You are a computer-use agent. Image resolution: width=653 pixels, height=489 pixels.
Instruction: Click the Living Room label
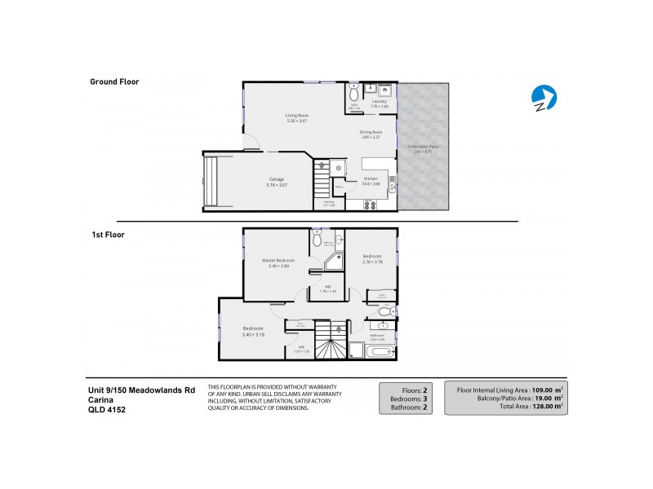coord(296,115)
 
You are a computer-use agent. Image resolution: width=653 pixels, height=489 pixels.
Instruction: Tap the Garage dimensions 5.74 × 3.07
coord(277,186)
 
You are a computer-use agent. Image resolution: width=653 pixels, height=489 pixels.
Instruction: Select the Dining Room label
coord(371,131)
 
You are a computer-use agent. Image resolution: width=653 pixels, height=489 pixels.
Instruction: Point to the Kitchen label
coord(371,178)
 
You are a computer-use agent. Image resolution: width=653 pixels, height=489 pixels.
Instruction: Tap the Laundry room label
coord(380,101)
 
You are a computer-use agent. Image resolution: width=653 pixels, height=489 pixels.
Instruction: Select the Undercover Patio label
coord(422,147)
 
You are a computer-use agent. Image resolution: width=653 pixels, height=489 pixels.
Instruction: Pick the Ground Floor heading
coord(114,81)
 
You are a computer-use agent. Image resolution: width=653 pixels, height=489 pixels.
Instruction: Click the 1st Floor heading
coord(107,234)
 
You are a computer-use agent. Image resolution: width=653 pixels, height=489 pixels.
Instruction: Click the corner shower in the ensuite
coord(333,262)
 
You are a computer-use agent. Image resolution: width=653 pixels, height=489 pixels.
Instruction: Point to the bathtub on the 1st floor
coord(380,351)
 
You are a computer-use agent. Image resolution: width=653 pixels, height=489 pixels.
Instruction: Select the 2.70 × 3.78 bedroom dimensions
coord(371,262)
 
